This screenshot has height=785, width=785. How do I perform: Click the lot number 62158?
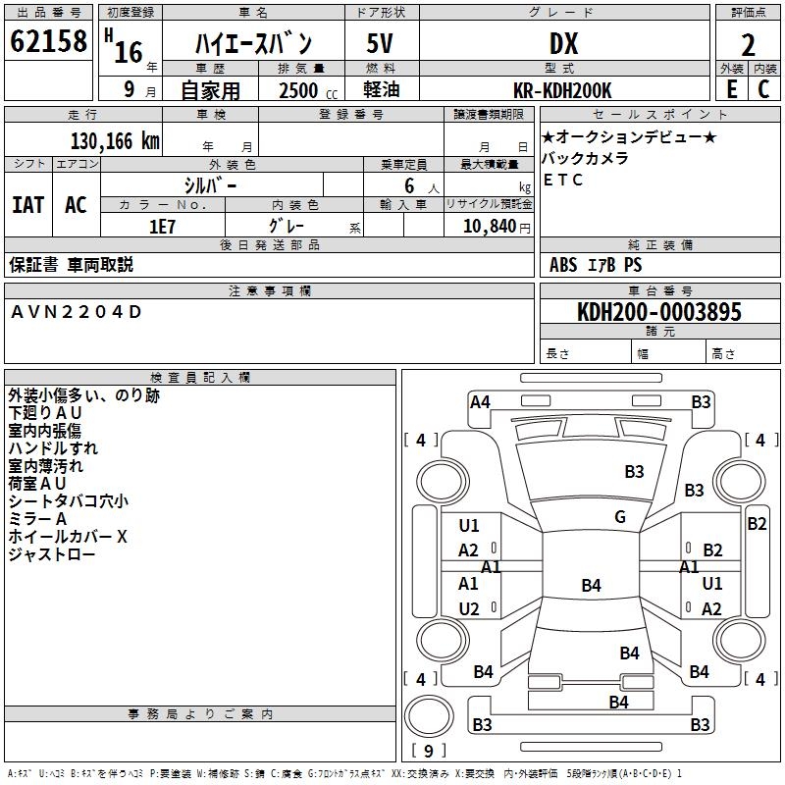[48, 42]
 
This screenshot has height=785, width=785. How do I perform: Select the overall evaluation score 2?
[748, 44]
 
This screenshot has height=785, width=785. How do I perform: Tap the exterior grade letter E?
[731, 88]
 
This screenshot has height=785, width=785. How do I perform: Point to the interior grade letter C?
[763, 88]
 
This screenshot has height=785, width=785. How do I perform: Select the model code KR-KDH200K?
[563, 90]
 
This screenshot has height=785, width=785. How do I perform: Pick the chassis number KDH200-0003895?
[658, 312]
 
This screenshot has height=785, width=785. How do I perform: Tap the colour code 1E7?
[162, 226]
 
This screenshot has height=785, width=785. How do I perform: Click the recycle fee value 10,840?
[489, 226]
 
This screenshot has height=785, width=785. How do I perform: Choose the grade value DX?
[563, 44]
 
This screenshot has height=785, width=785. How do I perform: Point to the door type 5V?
[381, 44]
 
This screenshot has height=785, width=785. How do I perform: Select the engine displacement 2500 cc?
[299, 90]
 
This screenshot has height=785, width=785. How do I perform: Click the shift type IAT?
[28, 204]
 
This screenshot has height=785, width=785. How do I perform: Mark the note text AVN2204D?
[77, 312]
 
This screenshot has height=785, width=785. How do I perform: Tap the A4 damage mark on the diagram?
[480, 401]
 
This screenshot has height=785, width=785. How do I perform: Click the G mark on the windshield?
[620, 516]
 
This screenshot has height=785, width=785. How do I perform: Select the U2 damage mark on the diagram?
[469, 609]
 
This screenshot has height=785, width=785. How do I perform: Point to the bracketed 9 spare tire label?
[428, 752]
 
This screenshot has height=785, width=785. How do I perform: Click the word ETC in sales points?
[563, 181]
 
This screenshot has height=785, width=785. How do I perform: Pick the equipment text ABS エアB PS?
[597, 265]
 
